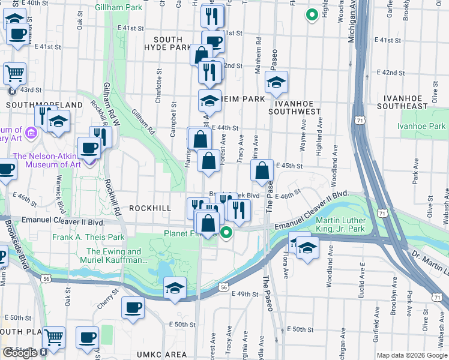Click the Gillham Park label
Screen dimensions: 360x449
(x=118, y=7)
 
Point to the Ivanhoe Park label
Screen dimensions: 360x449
(x=421, y=126)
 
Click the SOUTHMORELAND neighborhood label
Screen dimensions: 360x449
(x=44, y=104)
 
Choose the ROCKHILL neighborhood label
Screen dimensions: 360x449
(x=147, y=208)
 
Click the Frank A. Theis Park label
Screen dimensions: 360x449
(x=88, y=237)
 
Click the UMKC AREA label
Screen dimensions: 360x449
(x=161, y=355)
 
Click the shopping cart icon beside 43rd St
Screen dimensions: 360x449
(x=14, y=74)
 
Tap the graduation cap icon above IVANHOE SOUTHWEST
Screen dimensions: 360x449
(x=276, y=83)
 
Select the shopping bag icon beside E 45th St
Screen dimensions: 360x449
(x=262, y=171)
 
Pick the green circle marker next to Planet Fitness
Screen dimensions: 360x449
(x=226, y=233)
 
